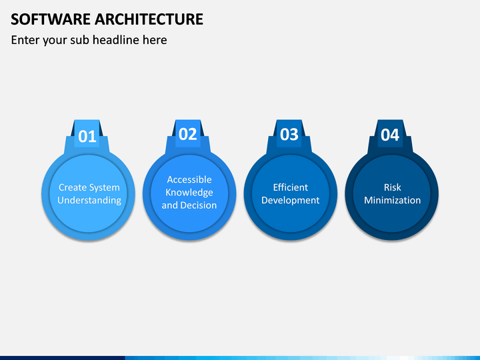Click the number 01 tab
(87, 137)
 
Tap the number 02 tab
(188, 135)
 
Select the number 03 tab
(289, 135)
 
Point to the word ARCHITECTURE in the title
(151, 19)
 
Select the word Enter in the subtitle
(25, 40)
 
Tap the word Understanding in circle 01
(89, 200)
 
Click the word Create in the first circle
(73, 187)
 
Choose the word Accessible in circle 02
(189, 179)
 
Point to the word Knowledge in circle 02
(189, 193)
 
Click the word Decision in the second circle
(199, 205)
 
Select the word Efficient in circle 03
(290, 187)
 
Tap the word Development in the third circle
(290, 200)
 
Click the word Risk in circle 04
(392, 187)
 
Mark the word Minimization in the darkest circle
(392, 200)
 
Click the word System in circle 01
(105, 187)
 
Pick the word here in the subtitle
(154, 40)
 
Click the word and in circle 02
(169, 205)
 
